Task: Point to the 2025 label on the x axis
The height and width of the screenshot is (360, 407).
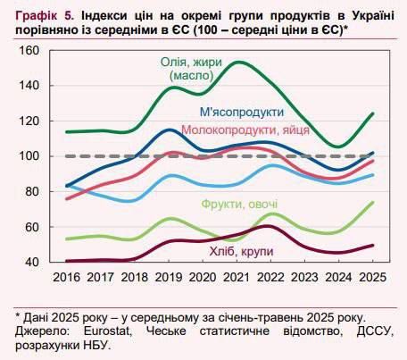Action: (x=372, y=278)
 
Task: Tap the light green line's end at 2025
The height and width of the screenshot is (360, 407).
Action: (x=372, y=203)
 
